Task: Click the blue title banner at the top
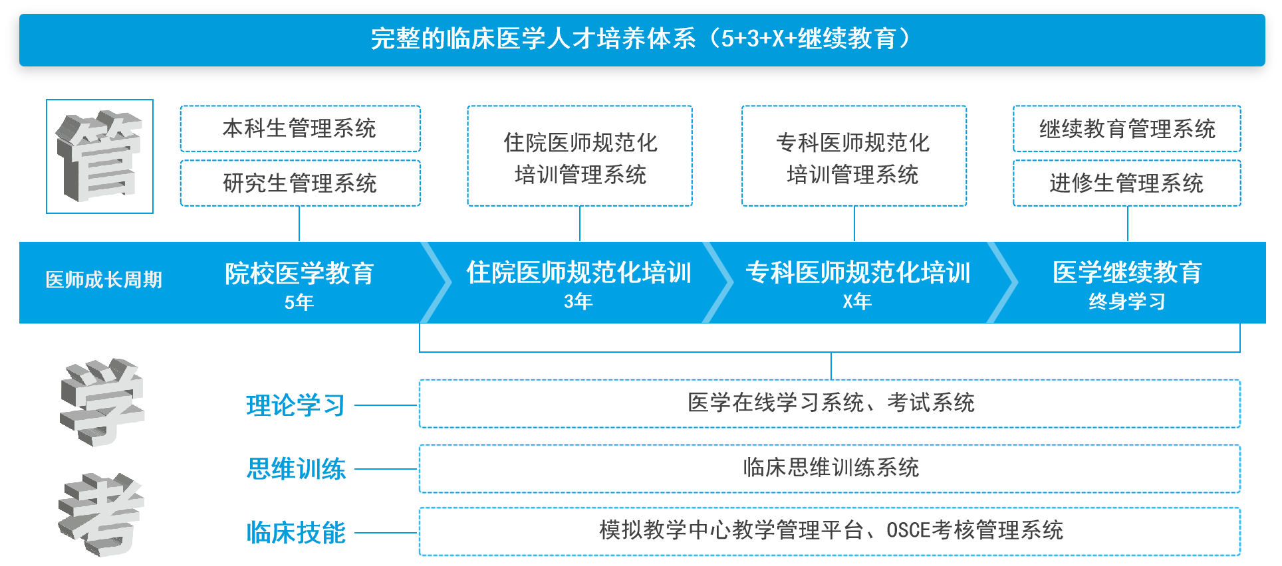642,39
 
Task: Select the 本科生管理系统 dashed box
300,128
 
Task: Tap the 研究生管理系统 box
300,183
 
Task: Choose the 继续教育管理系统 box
1126,128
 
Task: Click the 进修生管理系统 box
1126,183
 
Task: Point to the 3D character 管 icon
100,157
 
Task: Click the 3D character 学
101,402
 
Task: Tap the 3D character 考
101,515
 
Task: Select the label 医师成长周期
104,280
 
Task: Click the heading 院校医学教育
299,273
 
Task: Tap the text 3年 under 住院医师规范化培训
578,302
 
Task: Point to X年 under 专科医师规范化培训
856,302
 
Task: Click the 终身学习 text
1126,302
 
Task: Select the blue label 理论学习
295,405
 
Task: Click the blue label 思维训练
296,469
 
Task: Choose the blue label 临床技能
296,533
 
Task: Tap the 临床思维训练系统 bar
830,468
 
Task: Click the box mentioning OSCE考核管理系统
830,531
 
